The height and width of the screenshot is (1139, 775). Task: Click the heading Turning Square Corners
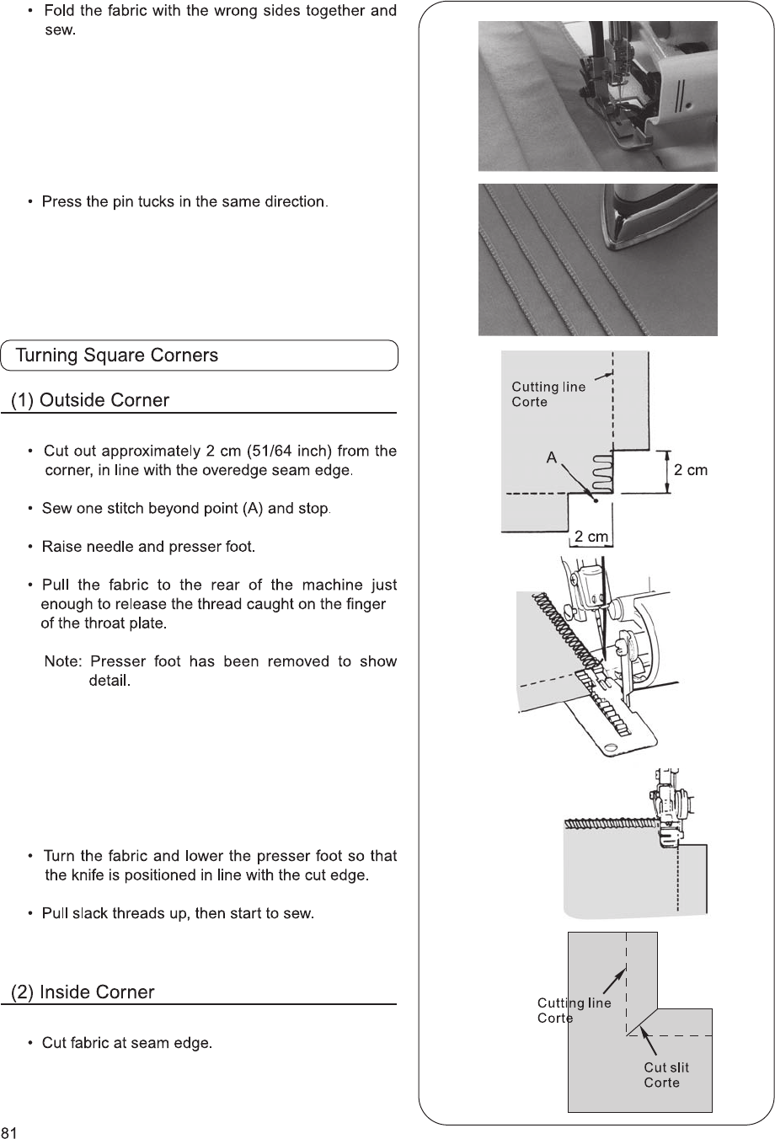(117, 356)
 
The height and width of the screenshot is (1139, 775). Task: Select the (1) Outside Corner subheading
(90, 400)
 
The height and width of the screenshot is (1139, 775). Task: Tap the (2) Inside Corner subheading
(83, 992)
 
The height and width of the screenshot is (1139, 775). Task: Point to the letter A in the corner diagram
(551, 457)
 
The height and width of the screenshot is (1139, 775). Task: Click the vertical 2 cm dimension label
(691, 470)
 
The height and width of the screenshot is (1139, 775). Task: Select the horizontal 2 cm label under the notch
(591, 537)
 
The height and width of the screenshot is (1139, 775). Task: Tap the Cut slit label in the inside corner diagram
(666, 1067)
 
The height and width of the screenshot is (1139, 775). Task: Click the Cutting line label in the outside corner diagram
(548, 387)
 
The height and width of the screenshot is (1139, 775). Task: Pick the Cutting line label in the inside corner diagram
(574, 1003)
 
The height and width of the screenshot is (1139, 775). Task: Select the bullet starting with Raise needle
(147, 548)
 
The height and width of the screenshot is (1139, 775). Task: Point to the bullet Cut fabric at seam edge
(126, 1044)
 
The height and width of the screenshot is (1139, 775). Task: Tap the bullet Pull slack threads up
(178, 914)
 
